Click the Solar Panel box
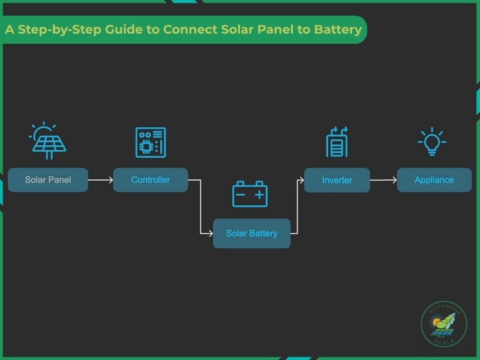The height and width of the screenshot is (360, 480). tap(48, 180)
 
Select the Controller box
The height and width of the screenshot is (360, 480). tap(151, 180)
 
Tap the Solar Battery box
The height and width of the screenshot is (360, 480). tap(251, 233)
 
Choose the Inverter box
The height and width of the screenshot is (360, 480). tap(337, 180)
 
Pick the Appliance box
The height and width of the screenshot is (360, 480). tap(434, 180)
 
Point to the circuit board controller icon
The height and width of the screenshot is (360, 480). tap(151, 142)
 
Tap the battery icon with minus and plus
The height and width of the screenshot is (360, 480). tap(250, 194)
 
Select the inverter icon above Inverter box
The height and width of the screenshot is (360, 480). tap(337, 142)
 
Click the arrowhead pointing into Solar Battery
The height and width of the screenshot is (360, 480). tap(210, 233)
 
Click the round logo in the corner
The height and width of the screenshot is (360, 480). tap(443, 324)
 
